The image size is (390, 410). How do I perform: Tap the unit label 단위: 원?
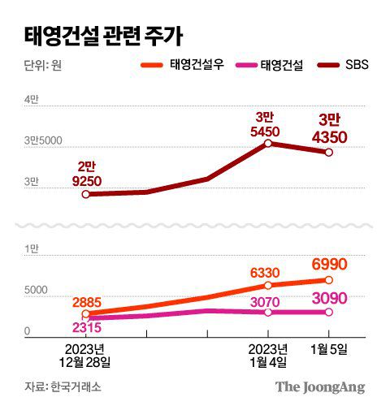37,67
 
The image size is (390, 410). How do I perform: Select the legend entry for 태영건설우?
188,66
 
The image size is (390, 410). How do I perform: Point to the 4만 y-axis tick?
31,99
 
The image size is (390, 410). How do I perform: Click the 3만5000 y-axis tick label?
43,141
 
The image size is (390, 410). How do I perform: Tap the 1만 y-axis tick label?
31,248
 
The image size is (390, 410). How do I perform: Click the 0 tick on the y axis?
27,331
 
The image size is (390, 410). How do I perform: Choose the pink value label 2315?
86,328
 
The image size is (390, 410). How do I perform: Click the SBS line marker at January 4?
267,144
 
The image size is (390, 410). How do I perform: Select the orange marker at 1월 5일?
329,280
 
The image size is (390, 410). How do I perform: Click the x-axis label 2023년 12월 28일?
86,355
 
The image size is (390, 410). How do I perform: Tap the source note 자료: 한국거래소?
59,387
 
